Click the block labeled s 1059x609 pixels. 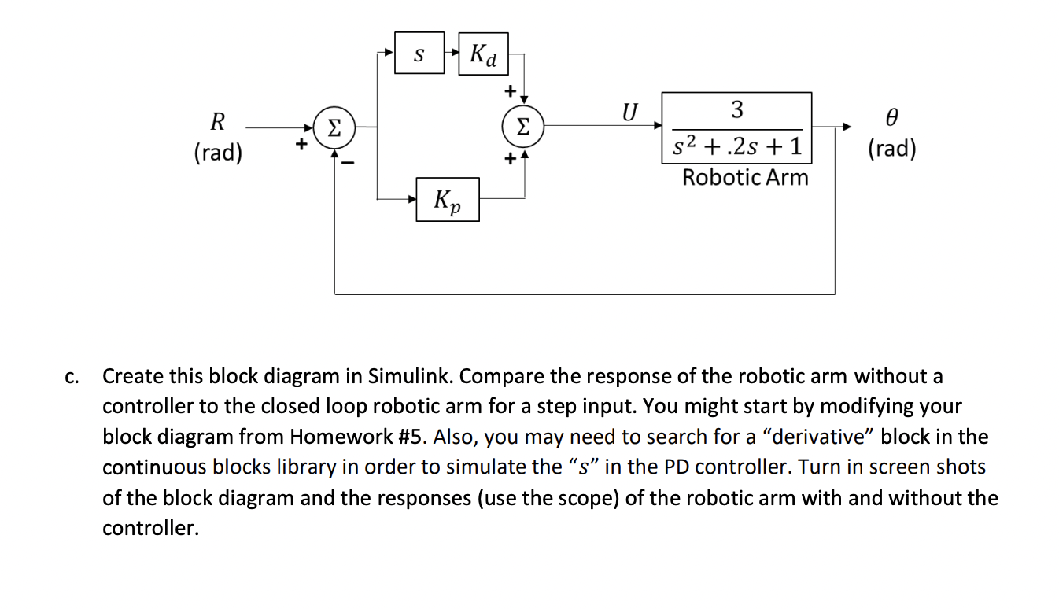coord(419,54)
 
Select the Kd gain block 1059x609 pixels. coord(483,54)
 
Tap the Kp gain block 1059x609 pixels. coord(447,200)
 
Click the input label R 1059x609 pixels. coord(218,122)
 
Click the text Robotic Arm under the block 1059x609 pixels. coord(745,177)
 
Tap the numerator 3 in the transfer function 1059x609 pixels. coord(736,109)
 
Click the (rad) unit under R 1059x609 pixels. coord(218,153)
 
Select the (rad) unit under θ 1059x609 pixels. coord(891,149)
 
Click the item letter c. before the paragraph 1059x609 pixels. coord(72,377)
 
